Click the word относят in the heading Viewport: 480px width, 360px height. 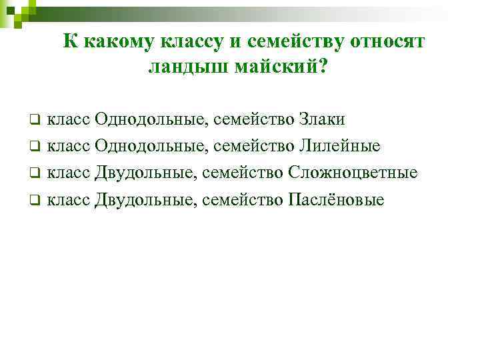[x=385, y=41]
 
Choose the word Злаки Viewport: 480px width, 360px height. [x=322, y=119]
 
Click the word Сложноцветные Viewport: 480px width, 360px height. [x=353, y=173]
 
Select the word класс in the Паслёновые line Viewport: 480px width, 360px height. [x=70, y=199]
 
